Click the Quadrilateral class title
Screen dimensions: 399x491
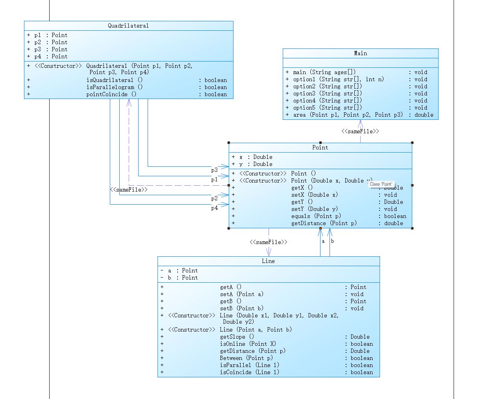coord(128,26)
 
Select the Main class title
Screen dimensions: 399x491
coord(360,54)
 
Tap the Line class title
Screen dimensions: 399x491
coord(268,261)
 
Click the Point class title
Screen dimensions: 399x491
coord(320,148)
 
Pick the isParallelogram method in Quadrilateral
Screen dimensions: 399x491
coord(114,88)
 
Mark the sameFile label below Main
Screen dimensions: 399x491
coord(360,132)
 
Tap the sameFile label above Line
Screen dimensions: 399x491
coord(268,242)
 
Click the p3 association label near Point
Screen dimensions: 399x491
coord(214,170)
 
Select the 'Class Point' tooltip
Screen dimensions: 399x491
coord(381,184)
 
